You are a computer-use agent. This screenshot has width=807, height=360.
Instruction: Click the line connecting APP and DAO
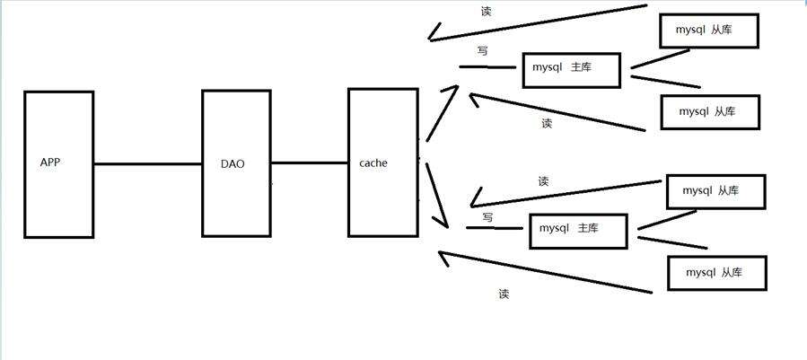(x=148, y=164)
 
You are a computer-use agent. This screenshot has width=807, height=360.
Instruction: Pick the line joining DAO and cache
(x=310, y=163)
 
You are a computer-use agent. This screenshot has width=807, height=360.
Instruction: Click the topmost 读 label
(x=486, y=12)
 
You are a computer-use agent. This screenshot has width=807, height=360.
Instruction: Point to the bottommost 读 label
(x=504, y=294)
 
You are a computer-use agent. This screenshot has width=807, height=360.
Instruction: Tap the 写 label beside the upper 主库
(x=483, y=51)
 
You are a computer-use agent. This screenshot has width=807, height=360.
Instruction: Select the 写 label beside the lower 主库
(x=488, y=217)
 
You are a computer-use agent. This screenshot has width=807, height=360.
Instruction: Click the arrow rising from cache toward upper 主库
(x=443, y=113)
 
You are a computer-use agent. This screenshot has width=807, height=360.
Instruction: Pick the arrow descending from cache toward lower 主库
(x=436, y=195)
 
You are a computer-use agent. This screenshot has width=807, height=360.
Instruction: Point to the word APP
(x=50, y=162)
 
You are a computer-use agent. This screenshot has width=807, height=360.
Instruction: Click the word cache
(x=373, y=162)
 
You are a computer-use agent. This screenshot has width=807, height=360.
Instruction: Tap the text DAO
(x=232, y=164)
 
